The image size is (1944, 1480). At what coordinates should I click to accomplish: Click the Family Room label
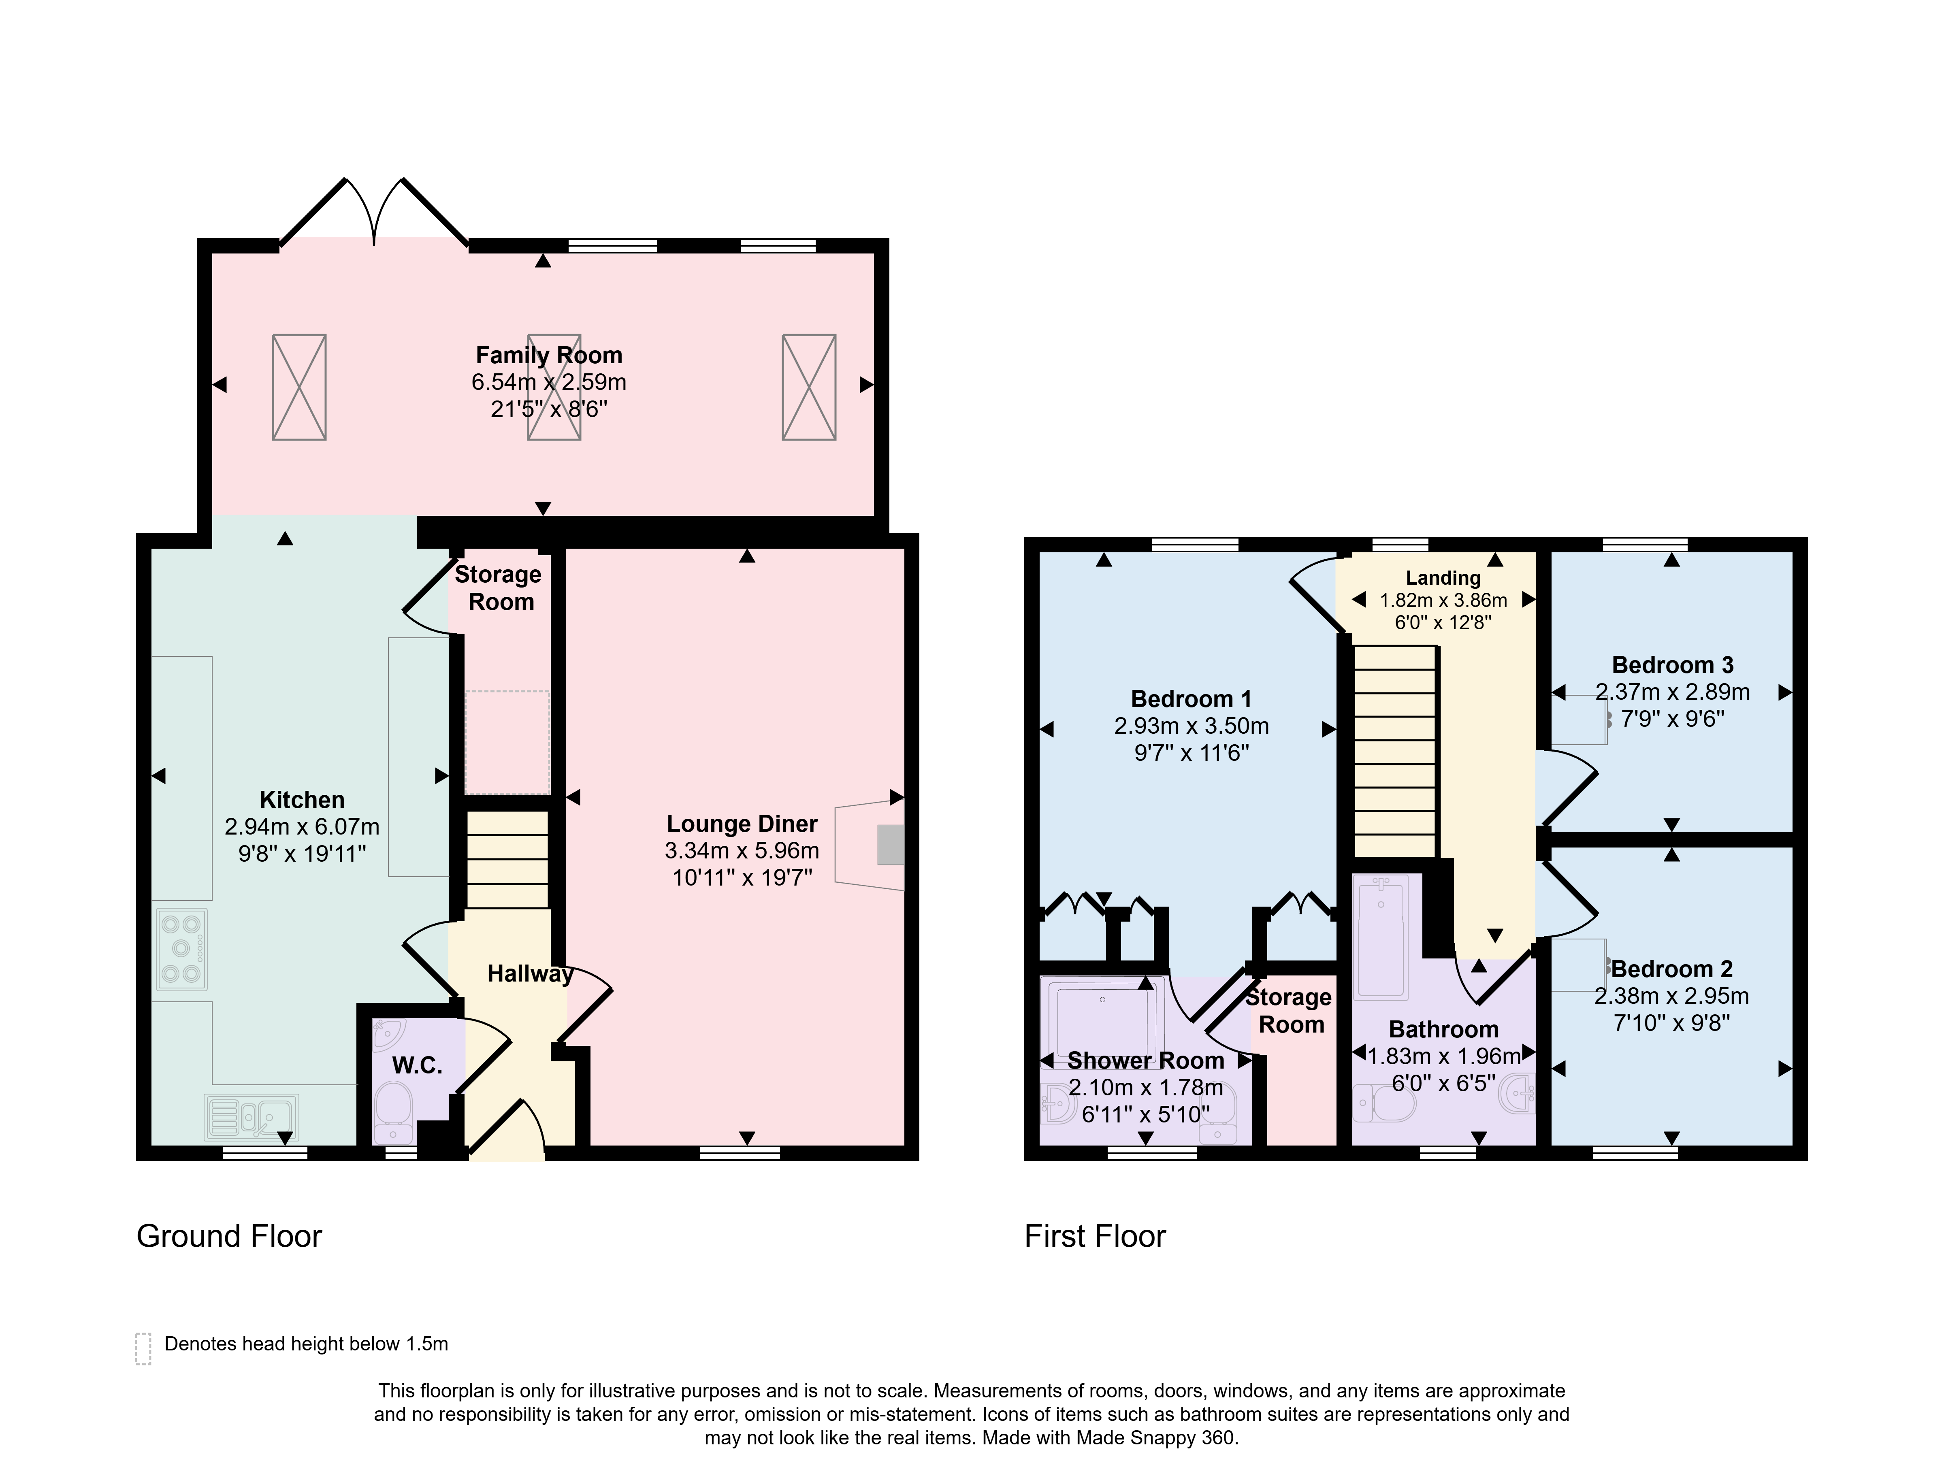[549, 355]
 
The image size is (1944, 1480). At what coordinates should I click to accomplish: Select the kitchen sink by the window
[251, 1117]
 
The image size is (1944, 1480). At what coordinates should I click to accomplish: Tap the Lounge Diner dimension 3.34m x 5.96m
[742, 851]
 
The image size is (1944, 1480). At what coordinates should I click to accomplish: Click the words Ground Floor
[229, 1236]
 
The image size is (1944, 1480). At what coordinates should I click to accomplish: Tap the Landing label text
[1443, 578]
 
